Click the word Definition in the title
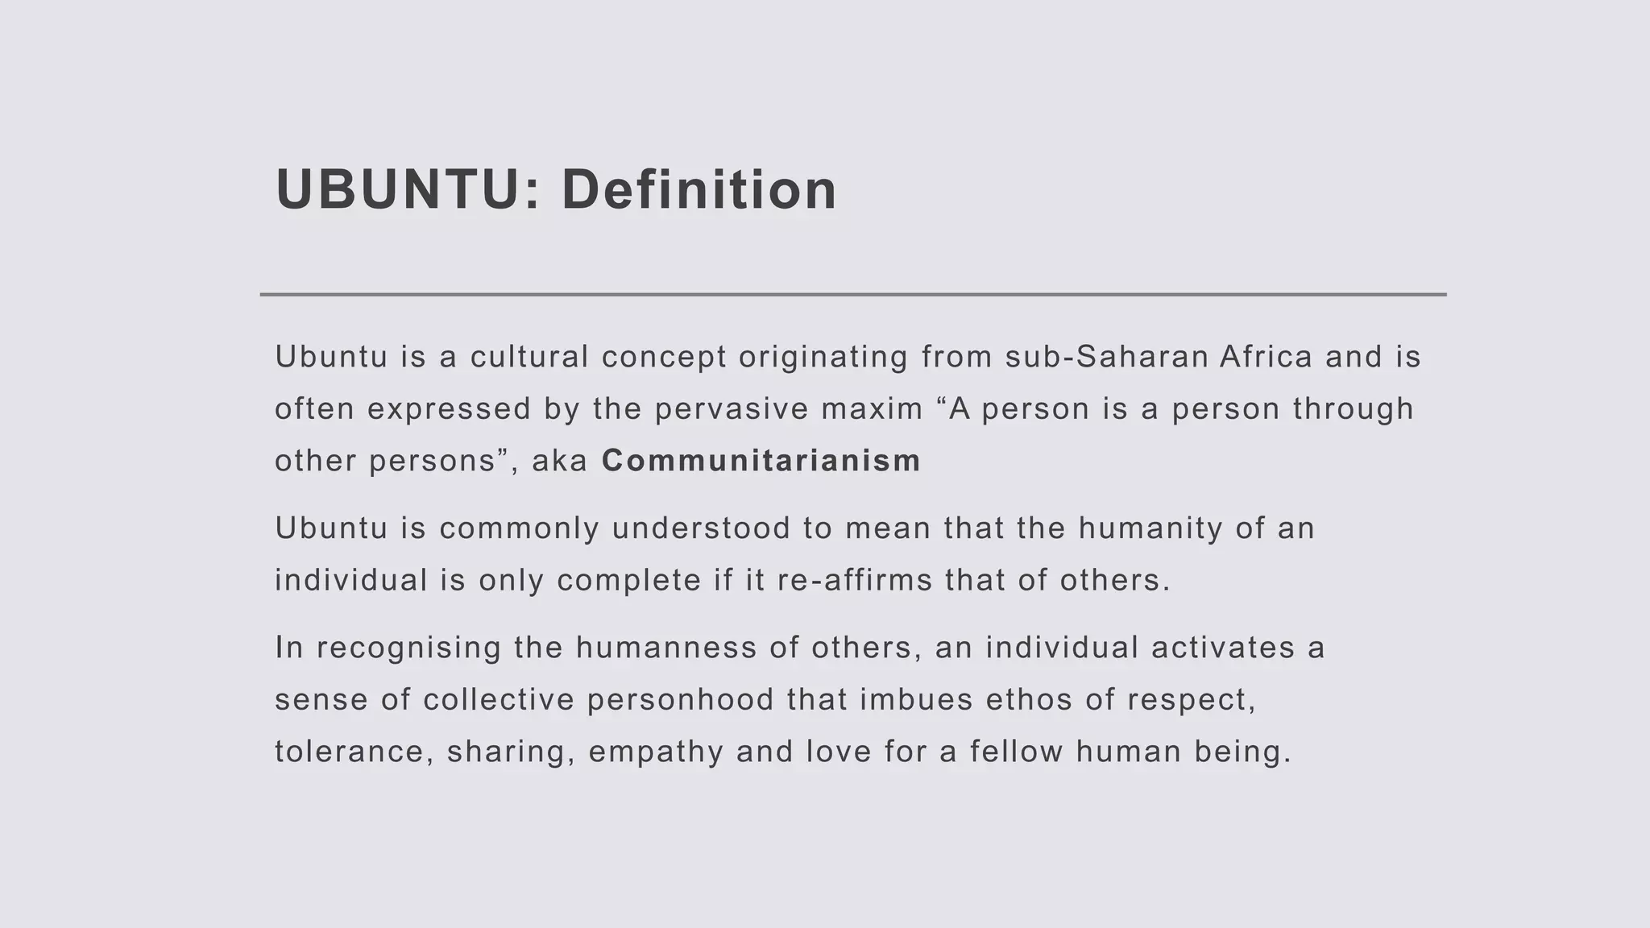click(x=699, y=190)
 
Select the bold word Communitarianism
click(x=761, y=461)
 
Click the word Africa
click(x=1266, y=357)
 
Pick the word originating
click(x=823, y=357)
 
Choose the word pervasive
click(x=732, y=409)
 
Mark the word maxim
click(x=872, y=409)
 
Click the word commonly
click(x=520, y=529)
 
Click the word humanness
click(x=666, y=648)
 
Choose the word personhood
click(x=681, y=700)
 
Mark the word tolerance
click(x=350, y=752)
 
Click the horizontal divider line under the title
click(x=852, y=295)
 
